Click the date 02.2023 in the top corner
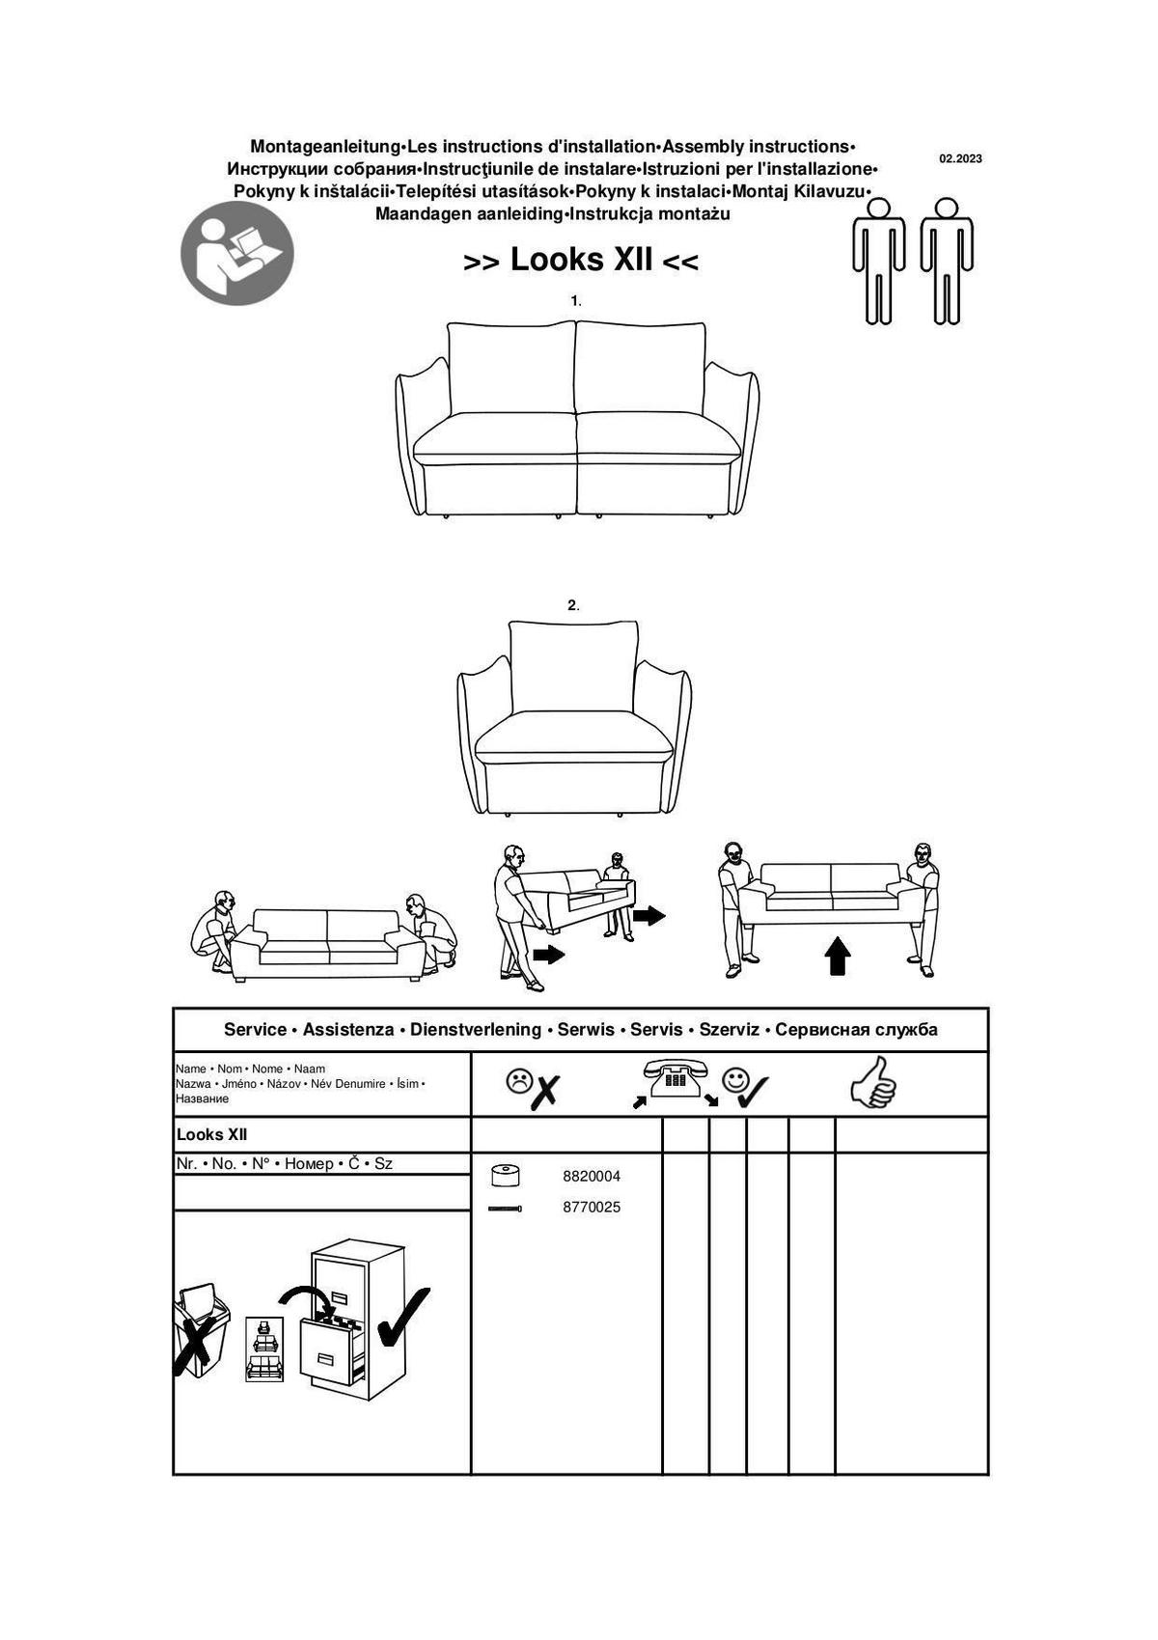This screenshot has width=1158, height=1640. pos(960,158)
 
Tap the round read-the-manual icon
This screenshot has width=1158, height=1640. pos(237,253)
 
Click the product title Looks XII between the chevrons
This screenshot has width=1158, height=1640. pos(581,260)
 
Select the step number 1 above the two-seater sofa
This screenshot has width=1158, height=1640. pos(574,301)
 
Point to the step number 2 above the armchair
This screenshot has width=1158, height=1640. pos(572,605)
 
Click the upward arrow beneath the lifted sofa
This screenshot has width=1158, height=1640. pos(838,956)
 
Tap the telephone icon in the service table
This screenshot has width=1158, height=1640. pos(675,1078)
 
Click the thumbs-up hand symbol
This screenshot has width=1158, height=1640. pos(874,1082)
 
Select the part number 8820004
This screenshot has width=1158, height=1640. pos(592,1177)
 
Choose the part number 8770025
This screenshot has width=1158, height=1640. pos(592,1208)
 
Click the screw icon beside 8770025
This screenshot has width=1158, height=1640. pos(505,1209)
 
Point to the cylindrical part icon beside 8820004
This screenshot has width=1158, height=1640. pos(505,1176)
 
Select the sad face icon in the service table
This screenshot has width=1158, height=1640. pos(519,1081)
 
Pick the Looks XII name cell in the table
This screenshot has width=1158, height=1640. pos(212,1135)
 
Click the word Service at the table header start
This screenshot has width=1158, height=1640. pos(255,1030)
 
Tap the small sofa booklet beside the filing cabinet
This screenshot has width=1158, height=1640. pos(263,1349)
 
